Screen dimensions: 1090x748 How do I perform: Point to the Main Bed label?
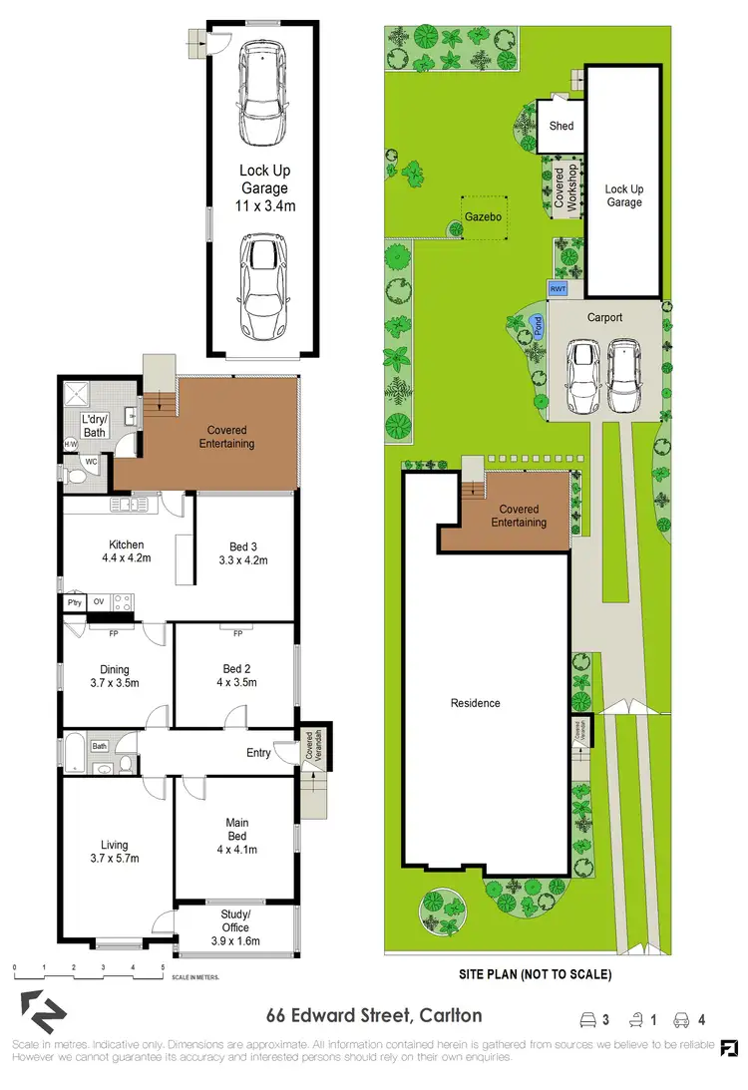236,836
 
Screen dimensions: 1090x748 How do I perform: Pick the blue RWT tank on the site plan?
559,289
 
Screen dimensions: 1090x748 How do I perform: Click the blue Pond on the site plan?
538,325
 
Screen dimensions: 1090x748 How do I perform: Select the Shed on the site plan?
561,127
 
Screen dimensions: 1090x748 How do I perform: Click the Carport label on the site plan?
604,318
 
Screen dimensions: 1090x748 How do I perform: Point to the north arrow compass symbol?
35,1012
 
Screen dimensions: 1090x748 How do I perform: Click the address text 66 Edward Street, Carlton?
374,1016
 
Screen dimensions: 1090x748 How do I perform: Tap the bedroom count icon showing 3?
594,1019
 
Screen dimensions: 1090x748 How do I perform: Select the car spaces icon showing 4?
689,1019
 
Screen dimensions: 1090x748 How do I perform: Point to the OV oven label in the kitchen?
99,602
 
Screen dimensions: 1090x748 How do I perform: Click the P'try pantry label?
74,602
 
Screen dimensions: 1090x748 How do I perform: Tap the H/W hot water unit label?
71,444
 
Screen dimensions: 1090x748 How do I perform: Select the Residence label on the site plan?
475,703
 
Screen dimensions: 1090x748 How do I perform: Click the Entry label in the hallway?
258,753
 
